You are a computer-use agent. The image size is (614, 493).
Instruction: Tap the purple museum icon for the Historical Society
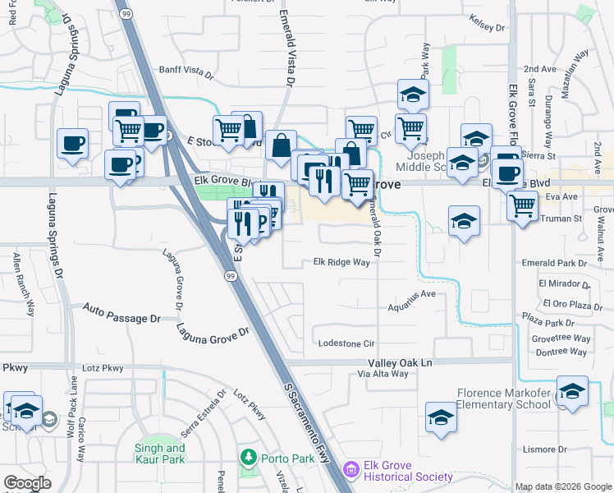coord(351,470)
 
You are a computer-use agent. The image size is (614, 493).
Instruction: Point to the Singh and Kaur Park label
coord(159,454)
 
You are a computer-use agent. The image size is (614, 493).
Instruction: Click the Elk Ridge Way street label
coord(341,263)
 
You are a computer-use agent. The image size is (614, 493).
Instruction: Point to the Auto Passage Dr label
coord(122,312)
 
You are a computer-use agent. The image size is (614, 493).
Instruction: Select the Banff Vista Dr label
coord(186,71)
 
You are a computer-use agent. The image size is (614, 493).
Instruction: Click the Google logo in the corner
coord(27,483)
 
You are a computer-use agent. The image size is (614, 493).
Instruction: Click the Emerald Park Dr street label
coord(555,263)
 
